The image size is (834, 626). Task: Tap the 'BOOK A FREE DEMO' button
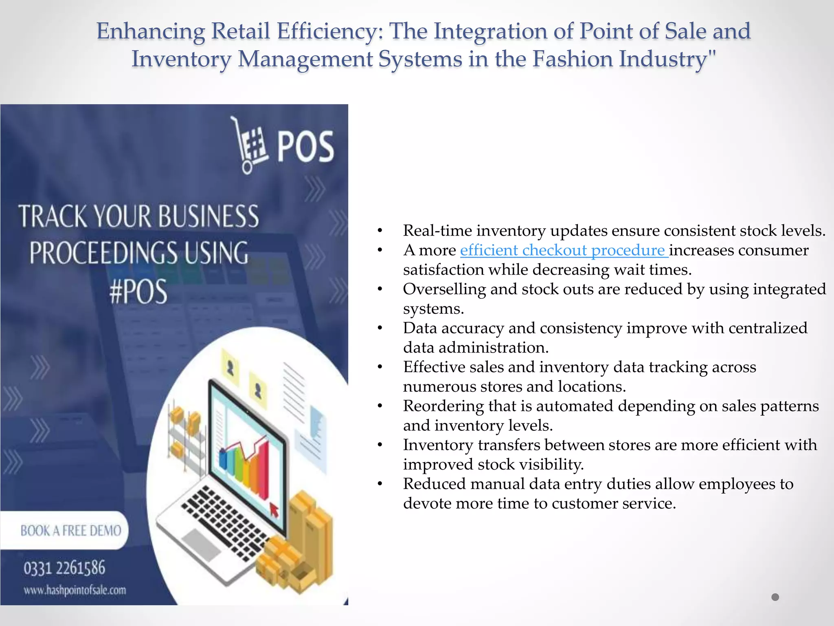(x=70, y=530)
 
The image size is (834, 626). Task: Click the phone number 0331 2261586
(x=64, y=568)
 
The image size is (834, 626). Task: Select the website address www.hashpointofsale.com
(x=75, y=590)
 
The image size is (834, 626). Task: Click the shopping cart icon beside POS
(x=249, y=145)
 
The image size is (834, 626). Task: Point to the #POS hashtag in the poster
(x=138, y=291)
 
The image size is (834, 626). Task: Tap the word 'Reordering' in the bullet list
(x=443, y=406)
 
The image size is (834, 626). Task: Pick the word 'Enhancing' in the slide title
(x=151, y=31)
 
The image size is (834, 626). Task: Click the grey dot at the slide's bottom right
(x=775, y=597)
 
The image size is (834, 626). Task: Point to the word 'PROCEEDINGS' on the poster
(x=103, y=253)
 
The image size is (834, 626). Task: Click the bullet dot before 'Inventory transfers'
(x=380, y=445)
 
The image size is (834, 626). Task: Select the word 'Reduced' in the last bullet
(x=433, y=484)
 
